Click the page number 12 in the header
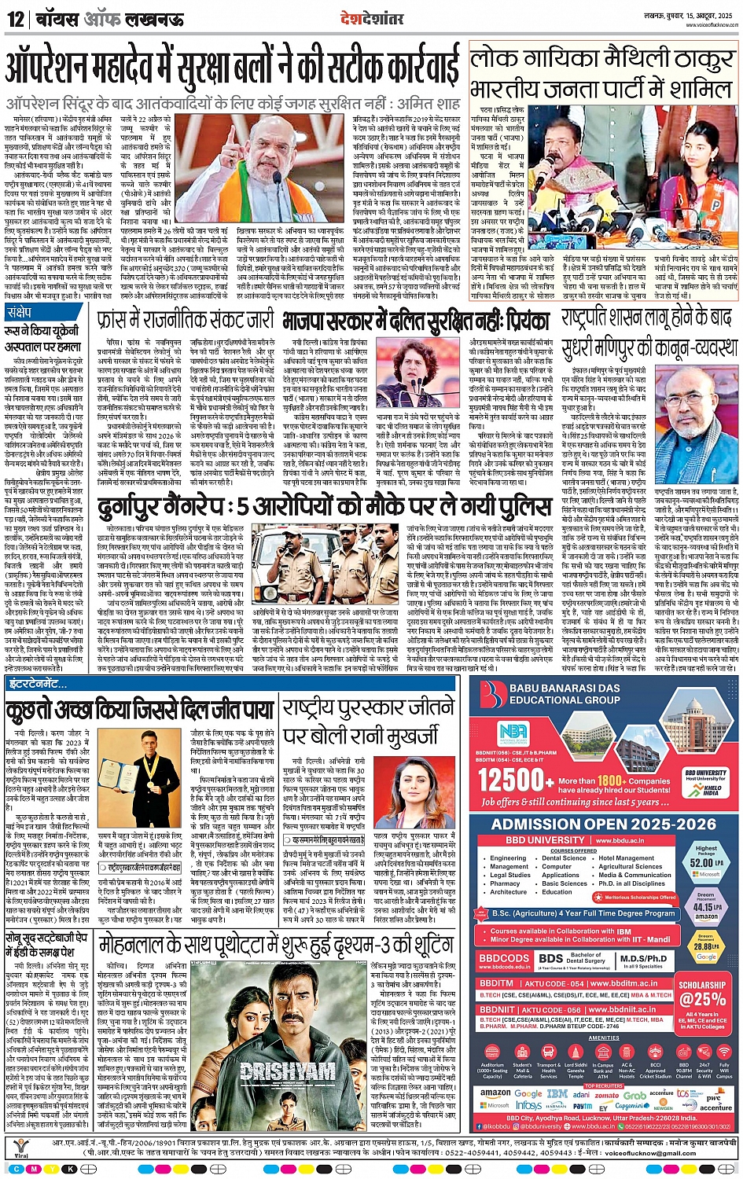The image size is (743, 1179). click(15, 19)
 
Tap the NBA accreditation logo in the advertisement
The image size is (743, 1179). click(512, 733)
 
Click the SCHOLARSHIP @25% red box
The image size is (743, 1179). click(702, 993)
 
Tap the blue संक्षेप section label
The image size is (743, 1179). click(20, 312)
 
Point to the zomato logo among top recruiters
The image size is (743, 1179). click(606, 1095)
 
